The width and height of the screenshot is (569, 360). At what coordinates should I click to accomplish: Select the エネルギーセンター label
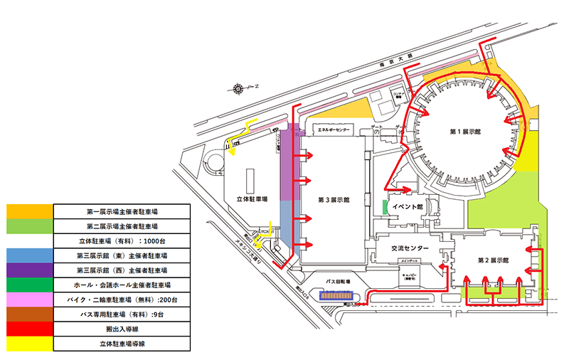(333, 131)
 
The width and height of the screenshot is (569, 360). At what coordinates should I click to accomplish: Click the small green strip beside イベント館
(384, 207)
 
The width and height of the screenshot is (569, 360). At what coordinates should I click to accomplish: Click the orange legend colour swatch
(28, 211)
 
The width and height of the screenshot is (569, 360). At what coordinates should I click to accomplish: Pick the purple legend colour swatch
(28, 270)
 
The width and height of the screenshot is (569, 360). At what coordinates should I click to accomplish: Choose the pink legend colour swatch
(28, 299)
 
